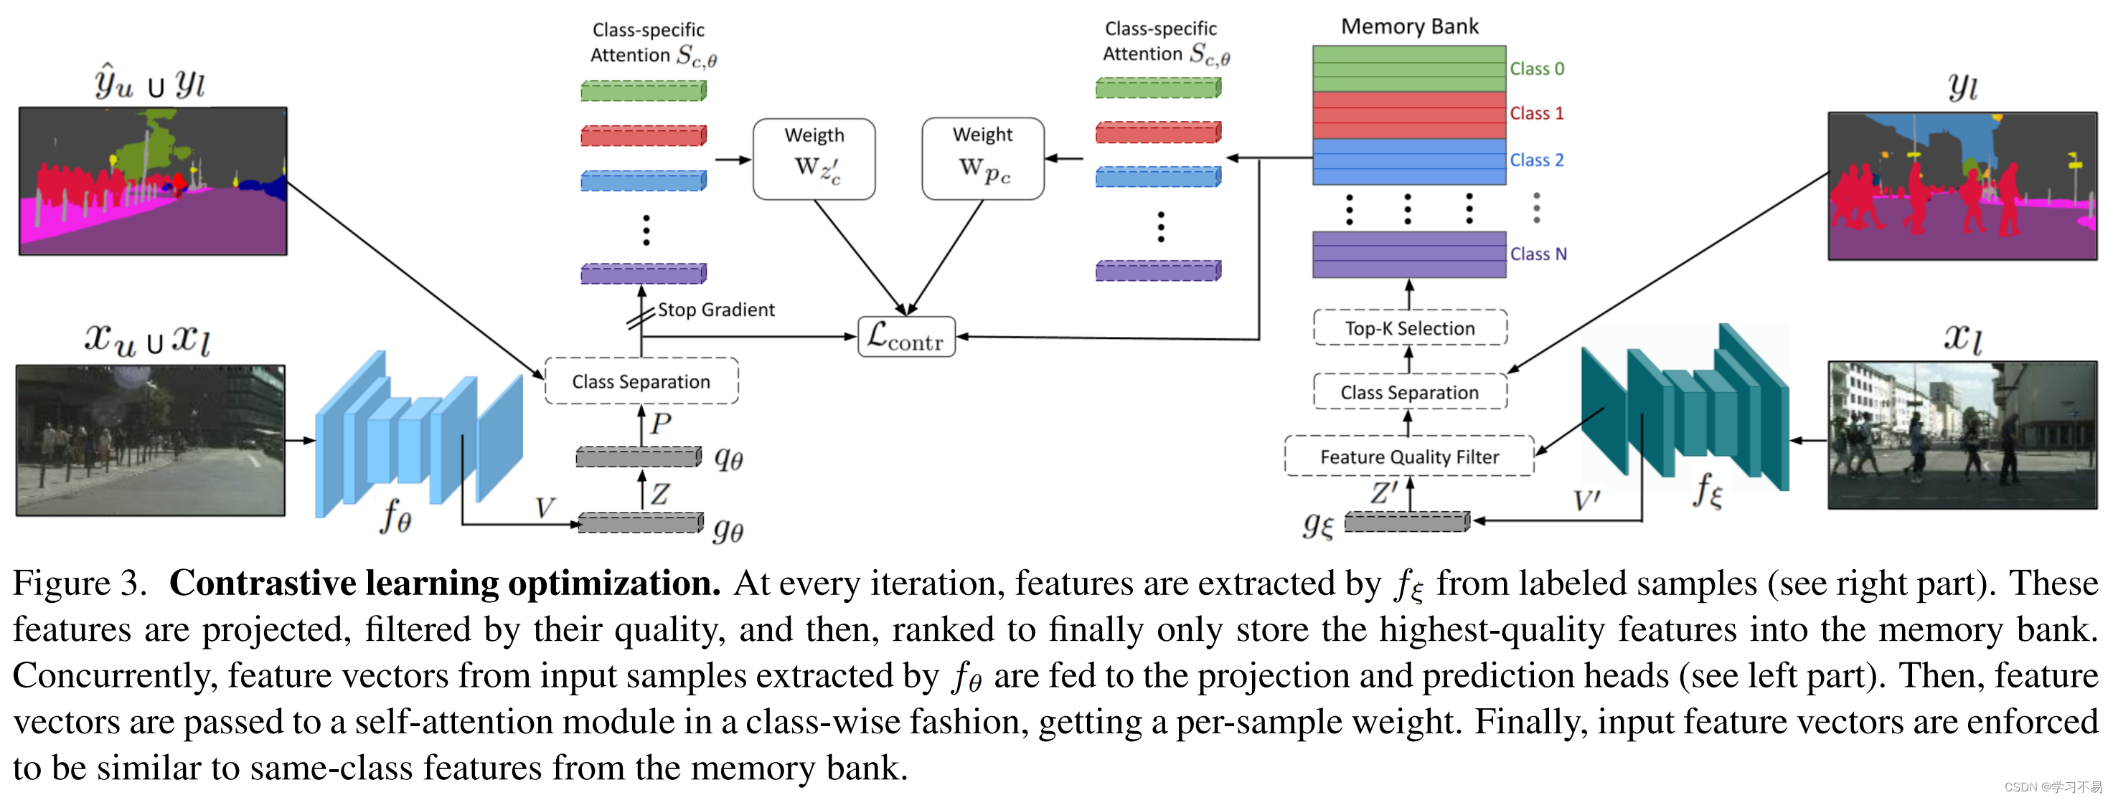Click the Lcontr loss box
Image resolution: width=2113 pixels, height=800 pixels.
905,337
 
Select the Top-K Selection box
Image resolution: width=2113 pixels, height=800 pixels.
1409,328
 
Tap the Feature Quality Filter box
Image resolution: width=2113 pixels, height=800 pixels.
1408,457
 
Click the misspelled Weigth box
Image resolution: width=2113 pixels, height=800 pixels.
814,158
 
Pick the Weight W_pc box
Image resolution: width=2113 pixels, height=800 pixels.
983,158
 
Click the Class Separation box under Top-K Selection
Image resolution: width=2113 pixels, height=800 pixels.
1409,392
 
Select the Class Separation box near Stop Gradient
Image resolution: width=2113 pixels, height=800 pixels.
641,381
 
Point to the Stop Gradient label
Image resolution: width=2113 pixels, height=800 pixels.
715,310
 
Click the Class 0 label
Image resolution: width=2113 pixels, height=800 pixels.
1536,69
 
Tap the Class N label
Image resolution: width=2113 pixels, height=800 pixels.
1538,254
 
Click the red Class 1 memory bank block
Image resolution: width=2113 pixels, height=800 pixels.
1408,115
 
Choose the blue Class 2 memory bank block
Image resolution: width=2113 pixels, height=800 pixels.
1408,161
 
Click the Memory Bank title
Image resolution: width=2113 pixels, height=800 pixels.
1408,27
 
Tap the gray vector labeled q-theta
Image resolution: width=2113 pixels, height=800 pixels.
638,457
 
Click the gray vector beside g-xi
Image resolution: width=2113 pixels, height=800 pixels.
1407,521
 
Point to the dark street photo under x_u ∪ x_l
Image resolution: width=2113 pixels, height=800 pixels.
151,440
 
